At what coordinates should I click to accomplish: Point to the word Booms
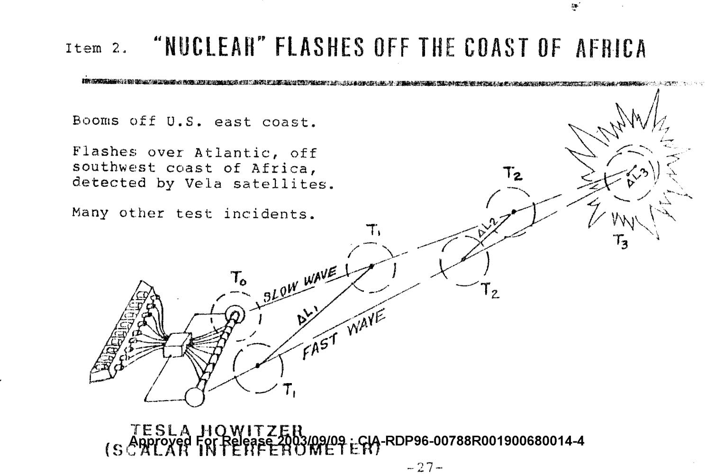pos(96,121)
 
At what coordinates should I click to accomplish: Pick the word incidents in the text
pos(269,214)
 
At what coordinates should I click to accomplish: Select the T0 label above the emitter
pos(238,280)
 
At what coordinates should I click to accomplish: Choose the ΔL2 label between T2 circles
pos(487,231)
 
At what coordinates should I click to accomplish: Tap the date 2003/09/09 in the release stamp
pos(305,441)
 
